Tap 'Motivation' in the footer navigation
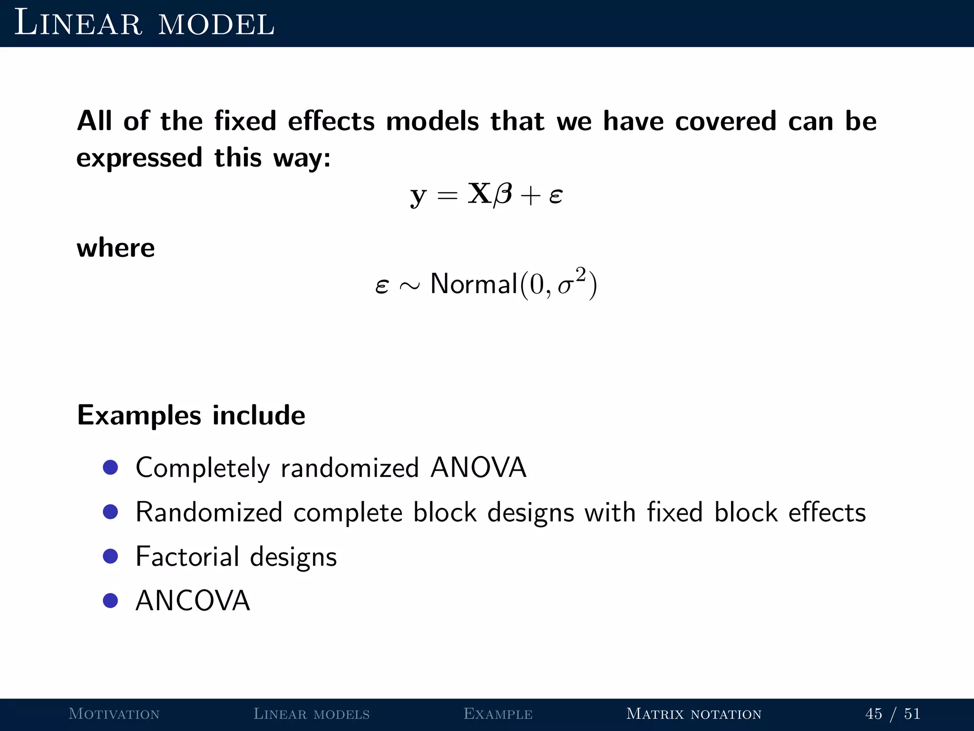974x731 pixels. (x=114, y=714)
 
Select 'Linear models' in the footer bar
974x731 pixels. (x=312, y=714)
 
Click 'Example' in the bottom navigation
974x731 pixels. (x=498, y=714)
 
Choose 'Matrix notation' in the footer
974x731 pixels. (x=694, y=714)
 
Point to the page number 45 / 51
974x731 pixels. (x=893, y=714)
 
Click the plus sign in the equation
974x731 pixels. (x=530, y=196)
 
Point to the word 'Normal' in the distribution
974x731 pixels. (x=474, y=284)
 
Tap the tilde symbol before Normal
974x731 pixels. (x=409, y=286)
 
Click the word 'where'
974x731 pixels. (x=116, y=248)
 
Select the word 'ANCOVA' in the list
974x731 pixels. (x=193, y=601)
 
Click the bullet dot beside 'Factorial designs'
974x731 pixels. (x=110, y=556)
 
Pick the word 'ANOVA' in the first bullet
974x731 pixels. (x=478, y=467)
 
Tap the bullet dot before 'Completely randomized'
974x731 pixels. (x=110, y=467)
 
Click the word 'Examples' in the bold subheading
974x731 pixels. (x=139, y=415)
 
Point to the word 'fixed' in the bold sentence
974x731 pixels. (x=245, y=121)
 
